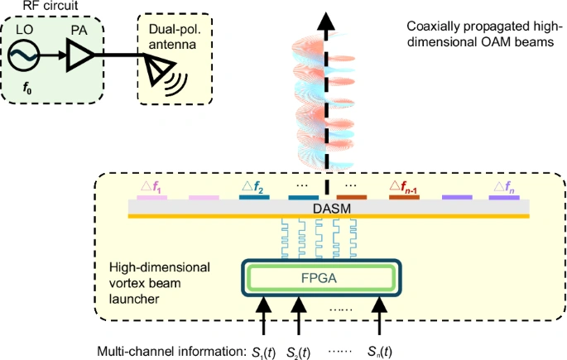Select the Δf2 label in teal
tap(252, 188)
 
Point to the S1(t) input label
tap(266, 350)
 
